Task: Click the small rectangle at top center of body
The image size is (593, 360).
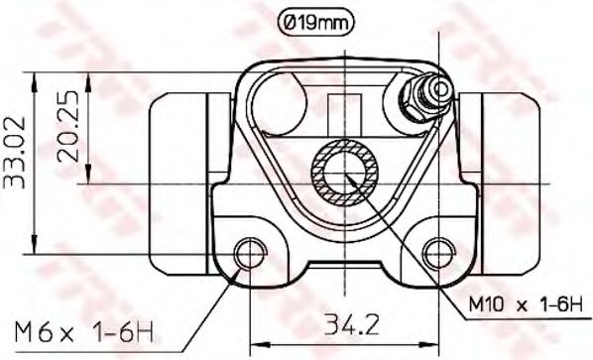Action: pyautogui.click(x=342, y=108)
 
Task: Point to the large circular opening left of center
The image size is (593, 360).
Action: pyautogui.click(x=283, y=102)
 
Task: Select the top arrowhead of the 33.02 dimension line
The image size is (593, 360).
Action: pyautogui.click(x=37, y=76)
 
